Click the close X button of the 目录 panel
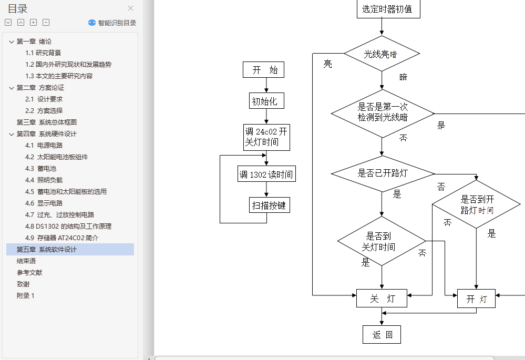click(131, 8)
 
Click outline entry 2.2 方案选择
click(44, 110)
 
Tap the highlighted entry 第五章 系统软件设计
click(47, 249)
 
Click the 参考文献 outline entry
click(29, 272)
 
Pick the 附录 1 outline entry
click(25, 295)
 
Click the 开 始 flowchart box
click(264, 70)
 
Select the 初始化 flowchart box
click(266, 101)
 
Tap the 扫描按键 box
click(269, 205)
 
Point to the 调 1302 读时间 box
click(266, 174)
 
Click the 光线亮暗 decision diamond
click(382, 54)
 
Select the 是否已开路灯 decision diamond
click(383, 173)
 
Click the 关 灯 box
click(382, 299)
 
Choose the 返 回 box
click(382, 334)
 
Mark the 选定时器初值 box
click(388, 9)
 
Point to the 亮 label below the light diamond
click(328, 64)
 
